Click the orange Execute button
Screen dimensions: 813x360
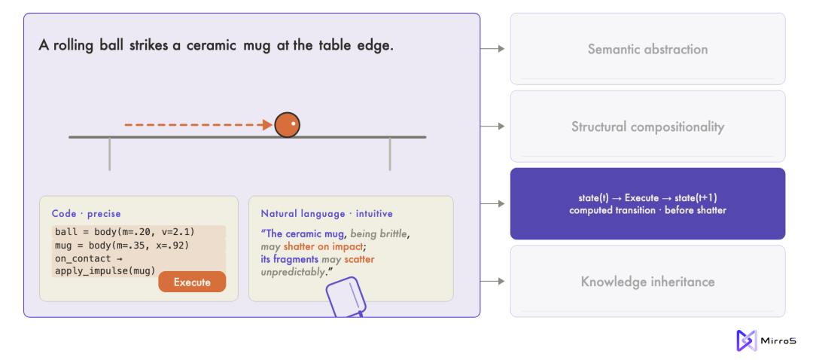(x=192, y=282)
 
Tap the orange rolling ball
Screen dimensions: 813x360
(x=288, y=125)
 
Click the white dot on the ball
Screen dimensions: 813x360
(x=293, y=124)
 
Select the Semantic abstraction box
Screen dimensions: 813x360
(x=647, y=49)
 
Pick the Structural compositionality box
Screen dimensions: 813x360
(x=647, y=127)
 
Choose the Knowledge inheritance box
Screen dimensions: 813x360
(x=647, y=282)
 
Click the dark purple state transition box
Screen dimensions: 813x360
(x=647, y=204)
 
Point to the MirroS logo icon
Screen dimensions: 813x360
(x=747, y=341)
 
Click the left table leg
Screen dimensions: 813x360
(x=109, y=154)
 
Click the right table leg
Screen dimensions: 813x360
(x=390, y=154)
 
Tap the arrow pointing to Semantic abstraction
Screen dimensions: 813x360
(x=492, y=49)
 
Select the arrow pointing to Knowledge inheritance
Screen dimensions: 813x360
(x=492, y=281)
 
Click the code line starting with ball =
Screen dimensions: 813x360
(x=124, y=231)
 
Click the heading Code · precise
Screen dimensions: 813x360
(x=86, y=214)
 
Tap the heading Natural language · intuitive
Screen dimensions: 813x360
(x=327, y=214)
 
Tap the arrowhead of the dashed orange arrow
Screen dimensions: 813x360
(x=268, y=125)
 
